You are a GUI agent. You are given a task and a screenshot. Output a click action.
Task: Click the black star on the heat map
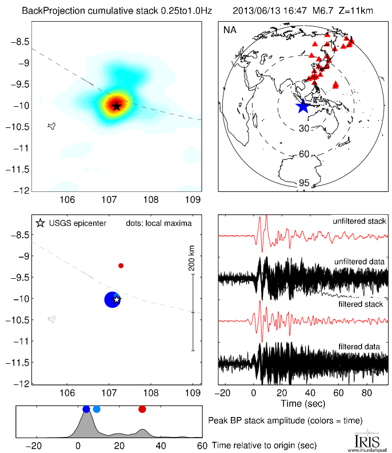tap(117, 106)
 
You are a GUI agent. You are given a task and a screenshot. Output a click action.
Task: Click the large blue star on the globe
tap(302, 106)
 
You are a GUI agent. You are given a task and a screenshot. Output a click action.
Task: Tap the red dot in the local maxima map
tap(121, 266)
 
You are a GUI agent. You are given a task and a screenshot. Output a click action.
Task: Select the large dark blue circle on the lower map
tap(112, 299)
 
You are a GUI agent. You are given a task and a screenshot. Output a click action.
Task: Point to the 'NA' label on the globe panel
tap(230, 30)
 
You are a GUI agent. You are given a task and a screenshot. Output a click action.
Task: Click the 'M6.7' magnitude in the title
tap(314, 10)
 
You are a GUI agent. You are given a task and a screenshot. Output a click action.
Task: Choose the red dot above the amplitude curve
tap(142, 409)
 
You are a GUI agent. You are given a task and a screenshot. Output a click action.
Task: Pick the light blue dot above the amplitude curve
tap(97, 409)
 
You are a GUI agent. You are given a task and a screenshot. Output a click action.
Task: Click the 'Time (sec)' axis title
tap(303, 404)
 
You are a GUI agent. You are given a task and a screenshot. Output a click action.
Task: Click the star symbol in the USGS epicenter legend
tap(40, 223)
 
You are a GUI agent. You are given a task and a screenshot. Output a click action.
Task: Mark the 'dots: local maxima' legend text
tap(158, 223)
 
